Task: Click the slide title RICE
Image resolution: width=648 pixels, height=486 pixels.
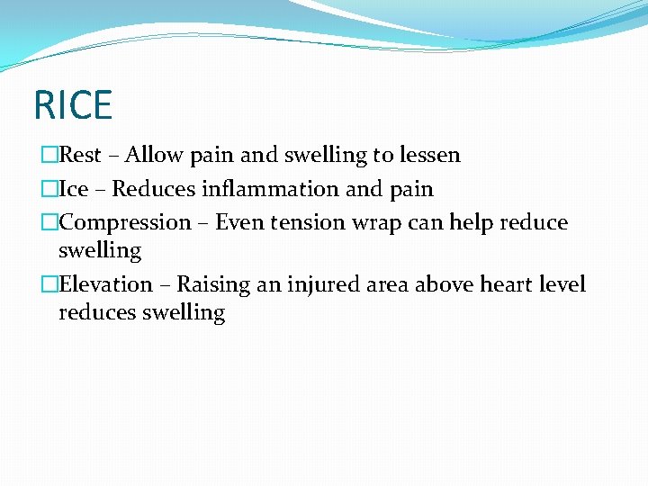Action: (72, 104)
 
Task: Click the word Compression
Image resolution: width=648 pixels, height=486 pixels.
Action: (125, 222)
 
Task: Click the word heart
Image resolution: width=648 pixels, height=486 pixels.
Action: (510, 284)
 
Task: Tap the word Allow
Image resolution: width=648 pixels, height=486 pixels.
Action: (151, 155)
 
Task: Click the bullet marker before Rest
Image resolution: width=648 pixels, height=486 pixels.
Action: (49, 155)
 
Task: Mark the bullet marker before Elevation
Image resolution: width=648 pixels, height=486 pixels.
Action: (49, 284)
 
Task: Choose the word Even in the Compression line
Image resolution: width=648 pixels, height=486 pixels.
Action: (239, 222)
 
